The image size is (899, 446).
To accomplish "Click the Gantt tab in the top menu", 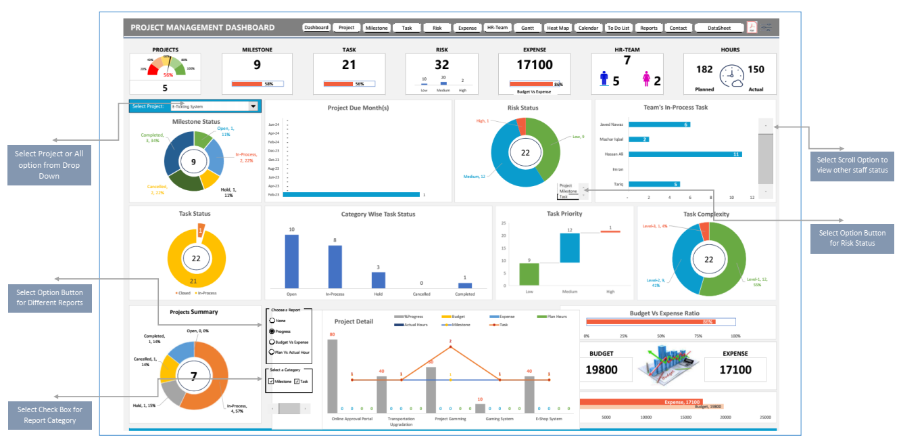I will coord(527,28).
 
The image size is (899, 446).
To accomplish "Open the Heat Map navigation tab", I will coord(558,28).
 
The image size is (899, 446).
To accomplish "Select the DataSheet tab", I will coord(719,28).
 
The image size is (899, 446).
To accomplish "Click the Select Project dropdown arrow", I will coord(253,106).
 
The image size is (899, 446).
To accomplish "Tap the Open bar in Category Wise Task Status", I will coord(291,261).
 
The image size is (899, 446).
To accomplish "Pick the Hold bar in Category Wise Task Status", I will coord(379,280).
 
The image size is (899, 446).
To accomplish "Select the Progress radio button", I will coord(272,332).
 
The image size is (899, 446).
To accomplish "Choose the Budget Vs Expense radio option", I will coord(272,342).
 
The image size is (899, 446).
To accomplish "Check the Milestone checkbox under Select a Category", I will coord(271,382).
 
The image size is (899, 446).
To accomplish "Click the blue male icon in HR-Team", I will coord(604,79).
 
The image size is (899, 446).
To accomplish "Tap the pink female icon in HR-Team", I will coord(646,80).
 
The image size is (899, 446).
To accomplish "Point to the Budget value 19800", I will coord(602,370).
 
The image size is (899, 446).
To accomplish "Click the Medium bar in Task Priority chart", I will coord(570,248).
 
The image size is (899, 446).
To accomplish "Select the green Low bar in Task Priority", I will coord(529,273).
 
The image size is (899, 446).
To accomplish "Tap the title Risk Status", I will coord(523,108).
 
